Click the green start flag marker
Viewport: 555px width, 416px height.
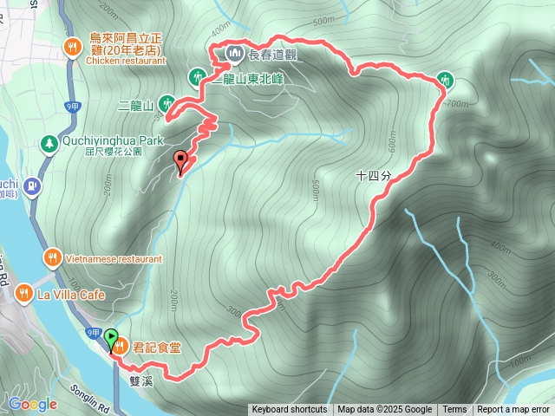pyautogui.click(x=113, y=336)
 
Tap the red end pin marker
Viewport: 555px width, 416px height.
pyautogui.click(x=180, y=159)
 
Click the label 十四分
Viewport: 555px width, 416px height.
pyautogui.click(x=374, y=175)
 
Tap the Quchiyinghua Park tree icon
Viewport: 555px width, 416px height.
pyautogui.click(x=49, y=141)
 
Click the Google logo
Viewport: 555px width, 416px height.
pyautogui.click(x=33, y=404)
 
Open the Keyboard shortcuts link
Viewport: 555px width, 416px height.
pyautogui.click(x=289, y=410)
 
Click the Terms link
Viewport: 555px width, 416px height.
pyautogui.click(x=454, y=410)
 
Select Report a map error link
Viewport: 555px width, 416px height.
pyautogui.click(x=514, y=410)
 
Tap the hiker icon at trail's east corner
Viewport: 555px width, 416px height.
pyautogui.click(x=444, y=79)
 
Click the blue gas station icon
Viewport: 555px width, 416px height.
pyautogui.click(x=32, y=185)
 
